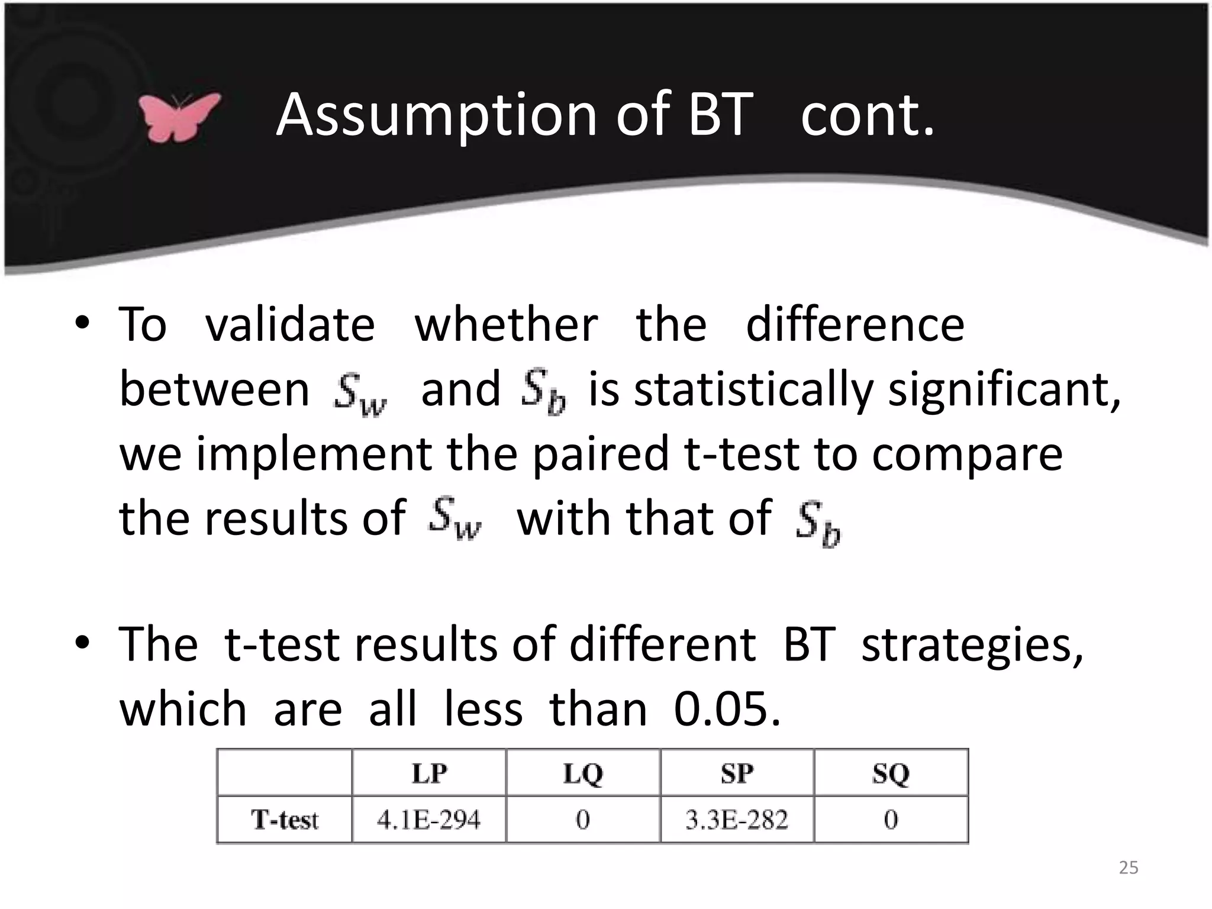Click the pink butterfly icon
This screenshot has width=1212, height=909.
pyautogui.click(x=179, y=117)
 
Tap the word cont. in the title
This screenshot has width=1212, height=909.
pyautogui.click(x=867, y=115)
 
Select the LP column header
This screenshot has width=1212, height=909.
pyautogui.click(x=429, y=773)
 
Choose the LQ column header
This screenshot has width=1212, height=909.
pyautogui.click(x=583, y=773)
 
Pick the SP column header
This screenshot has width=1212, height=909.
pyautogui.click(x=737, y=773)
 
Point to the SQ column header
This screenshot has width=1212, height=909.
pyautogui.click(x=891, y=773)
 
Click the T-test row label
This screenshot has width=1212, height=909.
pyautogui.click(x=285, y=820)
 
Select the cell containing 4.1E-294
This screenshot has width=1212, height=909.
pyautogui.click(x=429, y=820)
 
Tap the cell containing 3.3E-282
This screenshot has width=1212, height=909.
pyautogui.click(x=737, y=820)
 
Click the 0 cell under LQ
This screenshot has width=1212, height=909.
pyautogui.click(x=583, y=820)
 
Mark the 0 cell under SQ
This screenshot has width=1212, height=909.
pyautogui.click(x=891, y=820)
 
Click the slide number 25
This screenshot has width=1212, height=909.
pyautogui.click(x=1128, y=868)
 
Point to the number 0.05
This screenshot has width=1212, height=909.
pyautogui.click(x=727, y=709)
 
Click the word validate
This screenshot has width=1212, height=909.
pyautogui.click(x=290, y=325)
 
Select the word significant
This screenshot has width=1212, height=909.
pyautogui.click(x=1004, y=391)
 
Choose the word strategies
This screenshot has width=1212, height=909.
pyautogui.click(x=972, y=645)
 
